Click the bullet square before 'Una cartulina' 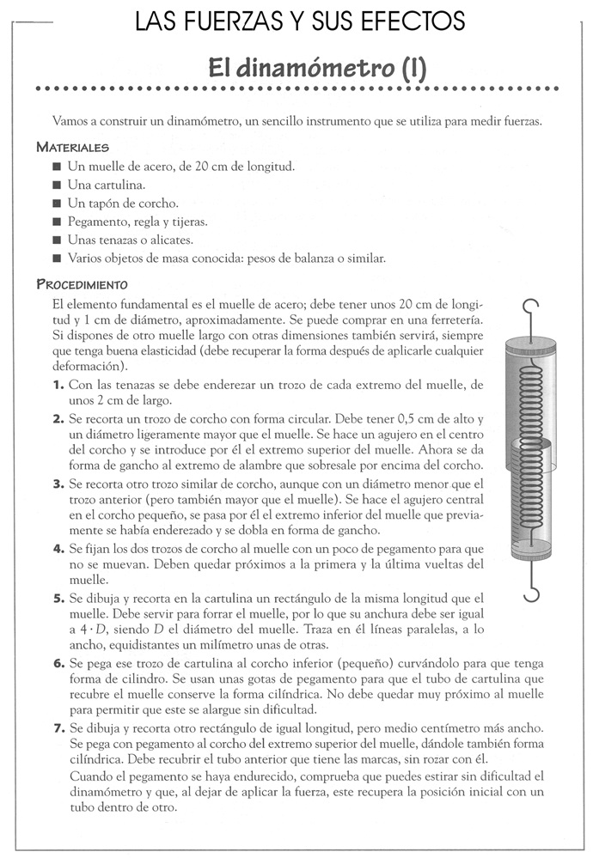[57, 185]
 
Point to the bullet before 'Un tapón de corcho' [57, 204]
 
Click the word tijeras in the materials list [191, 222]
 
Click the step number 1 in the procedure [57, 386]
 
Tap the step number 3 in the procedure [57, 484]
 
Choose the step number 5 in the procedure [57, 597]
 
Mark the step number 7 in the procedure [57, 727]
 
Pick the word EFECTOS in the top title [413, 18]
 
